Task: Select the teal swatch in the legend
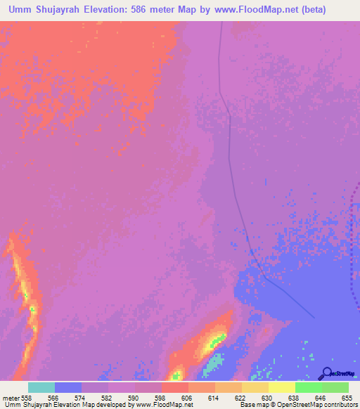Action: coord(41,387)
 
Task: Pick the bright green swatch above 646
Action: coord(309,387)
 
